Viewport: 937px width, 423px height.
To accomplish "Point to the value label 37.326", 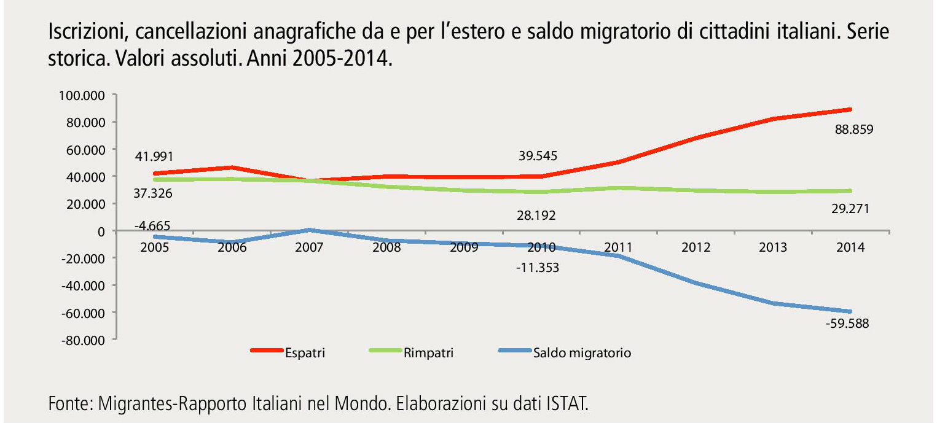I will click(x=153, y=193).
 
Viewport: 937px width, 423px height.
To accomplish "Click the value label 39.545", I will click(x=538, y=156).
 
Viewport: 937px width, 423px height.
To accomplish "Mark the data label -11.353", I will click(x=538, y=267).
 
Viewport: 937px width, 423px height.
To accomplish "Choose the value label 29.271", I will click(x=850, y=209).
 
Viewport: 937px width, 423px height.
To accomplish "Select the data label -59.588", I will click(x=848, y=324).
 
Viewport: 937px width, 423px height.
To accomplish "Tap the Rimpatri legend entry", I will click(x=428, y=353).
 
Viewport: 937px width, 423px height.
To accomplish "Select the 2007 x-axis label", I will click(x=310, y=247).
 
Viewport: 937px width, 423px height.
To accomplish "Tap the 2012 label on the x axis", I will click(x=696, y=247).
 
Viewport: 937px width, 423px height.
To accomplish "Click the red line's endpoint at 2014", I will click(x=850, y=109).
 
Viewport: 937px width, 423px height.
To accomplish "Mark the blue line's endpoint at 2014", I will click(x=850, y=312).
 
